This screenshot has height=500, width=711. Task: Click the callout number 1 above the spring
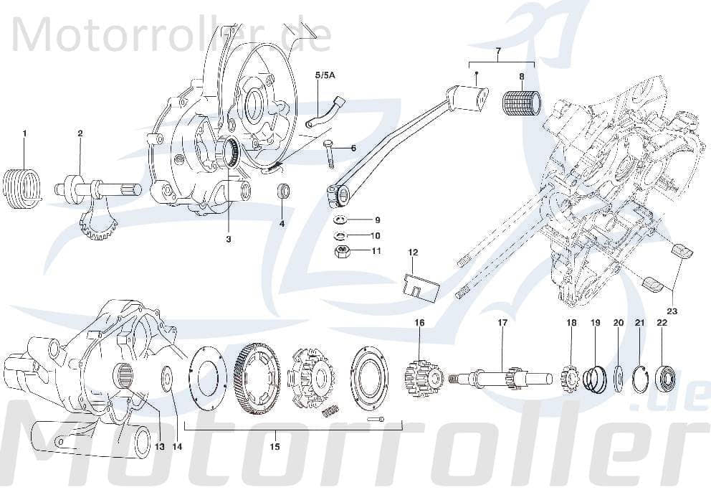(24, 133)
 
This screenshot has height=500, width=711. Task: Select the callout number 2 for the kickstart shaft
(80, 133)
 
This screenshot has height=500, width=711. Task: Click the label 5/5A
(323, 75)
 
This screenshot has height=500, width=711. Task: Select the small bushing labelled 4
(284, 192)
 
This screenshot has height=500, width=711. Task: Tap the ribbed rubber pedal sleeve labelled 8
(521, 101)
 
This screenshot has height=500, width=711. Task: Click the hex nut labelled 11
(343, 251)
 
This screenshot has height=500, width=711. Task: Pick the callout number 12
(413, 253)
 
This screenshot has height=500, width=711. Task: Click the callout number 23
(672, 311)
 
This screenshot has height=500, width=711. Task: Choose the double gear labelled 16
(421, 373)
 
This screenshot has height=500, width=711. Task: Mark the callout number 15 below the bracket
(274, 447)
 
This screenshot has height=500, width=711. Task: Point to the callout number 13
(159, 447)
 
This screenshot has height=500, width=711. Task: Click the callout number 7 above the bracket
(499, 50)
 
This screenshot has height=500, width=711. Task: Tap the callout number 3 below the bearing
(229, 239)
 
